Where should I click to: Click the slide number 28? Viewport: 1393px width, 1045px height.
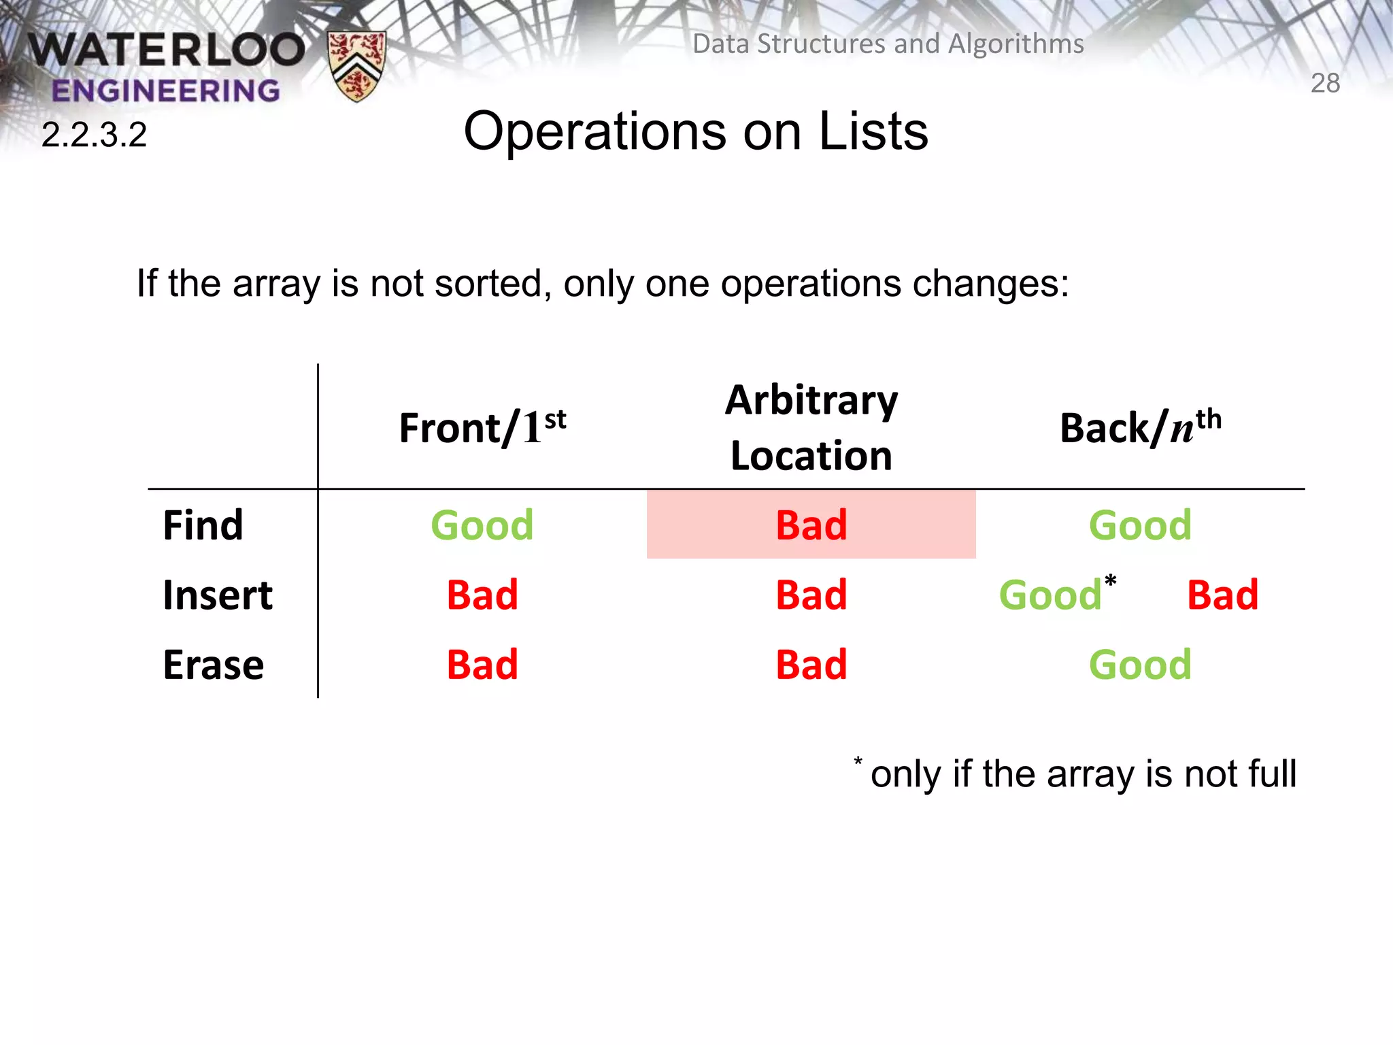[x=1325, y=83]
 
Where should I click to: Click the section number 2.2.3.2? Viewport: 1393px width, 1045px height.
[x=94, y=135]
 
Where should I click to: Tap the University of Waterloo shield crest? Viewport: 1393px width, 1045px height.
[x=356, y=66]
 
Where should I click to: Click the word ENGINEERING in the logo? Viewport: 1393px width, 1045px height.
[x=165, y=90]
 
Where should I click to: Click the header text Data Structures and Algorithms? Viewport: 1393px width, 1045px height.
[x=888, y=44]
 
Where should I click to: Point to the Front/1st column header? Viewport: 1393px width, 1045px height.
[x=482, y=427]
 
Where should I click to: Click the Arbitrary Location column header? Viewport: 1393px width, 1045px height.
[x=811, y=427]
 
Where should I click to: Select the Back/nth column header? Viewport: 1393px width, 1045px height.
[x=1140, y=427]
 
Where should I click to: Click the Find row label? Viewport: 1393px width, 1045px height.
[x=203, y=525]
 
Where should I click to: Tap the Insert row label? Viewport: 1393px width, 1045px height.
[x=218, y=595]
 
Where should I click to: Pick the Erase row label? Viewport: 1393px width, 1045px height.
[x=213, y=665]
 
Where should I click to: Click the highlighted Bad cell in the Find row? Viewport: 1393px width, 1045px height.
[x=811, y=525]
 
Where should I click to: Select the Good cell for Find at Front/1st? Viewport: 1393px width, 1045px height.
[x=482, y=525]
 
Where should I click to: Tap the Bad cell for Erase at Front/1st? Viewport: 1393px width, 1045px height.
[x=482, y=665]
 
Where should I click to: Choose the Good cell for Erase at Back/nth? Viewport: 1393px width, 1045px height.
[x=1140, y=665]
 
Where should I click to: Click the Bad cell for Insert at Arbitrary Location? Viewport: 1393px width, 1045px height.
[x=811, y=595]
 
